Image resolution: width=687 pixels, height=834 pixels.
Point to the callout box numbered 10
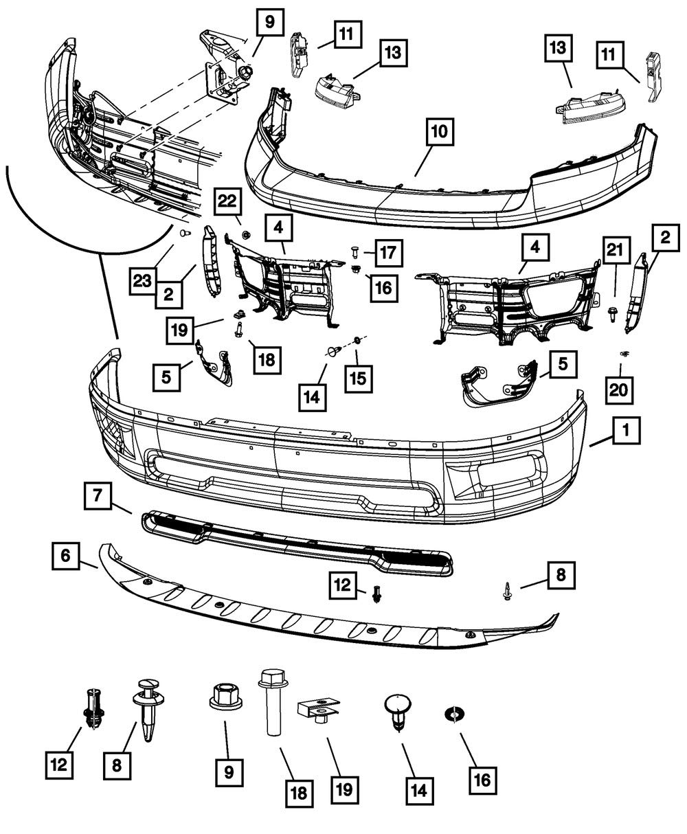[440, 133]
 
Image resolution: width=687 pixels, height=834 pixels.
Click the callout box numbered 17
[390, 252]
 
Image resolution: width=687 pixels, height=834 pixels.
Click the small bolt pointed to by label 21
[613, 313]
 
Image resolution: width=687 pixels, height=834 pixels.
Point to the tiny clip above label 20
[624, 353]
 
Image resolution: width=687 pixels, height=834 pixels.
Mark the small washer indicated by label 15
[359, 340]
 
